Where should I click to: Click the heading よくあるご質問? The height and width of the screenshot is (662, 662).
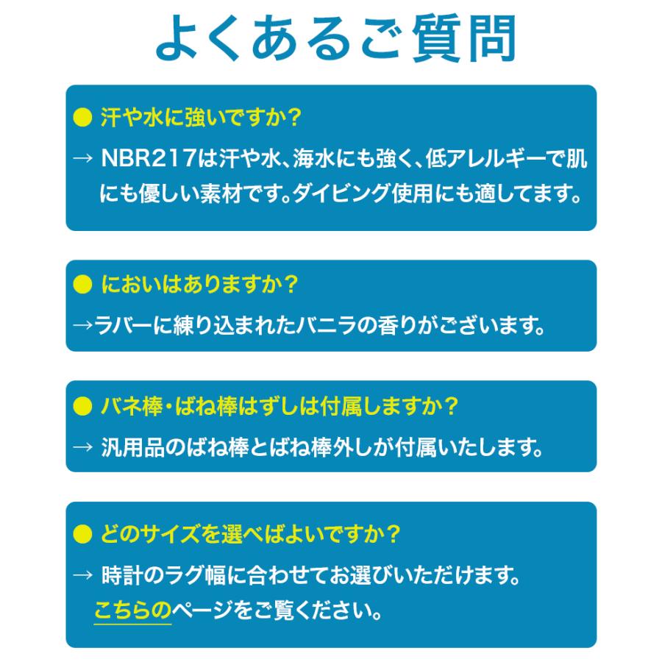click(336, 38)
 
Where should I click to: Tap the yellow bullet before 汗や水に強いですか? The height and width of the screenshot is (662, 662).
click(82, 117)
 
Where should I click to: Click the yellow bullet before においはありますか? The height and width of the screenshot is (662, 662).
click(82, 284)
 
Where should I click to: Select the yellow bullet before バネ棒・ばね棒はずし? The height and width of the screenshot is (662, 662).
click(82, 406)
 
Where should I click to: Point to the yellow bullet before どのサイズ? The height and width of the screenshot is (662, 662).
click(82, 534)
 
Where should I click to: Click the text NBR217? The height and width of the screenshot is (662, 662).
click(149, 158)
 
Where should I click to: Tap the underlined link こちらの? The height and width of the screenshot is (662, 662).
click(132, 611)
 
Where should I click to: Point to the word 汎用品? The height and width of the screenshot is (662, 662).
click(132, 447)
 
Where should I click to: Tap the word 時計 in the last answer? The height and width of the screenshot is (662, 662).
click(122, 575)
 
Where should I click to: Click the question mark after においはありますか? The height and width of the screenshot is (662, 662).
click(291, 284)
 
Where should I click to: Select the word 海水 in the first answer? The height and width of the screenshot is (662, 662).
click(313, 159)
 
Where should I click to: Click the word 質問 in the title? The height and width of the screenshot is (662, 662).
click(464, 38)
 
